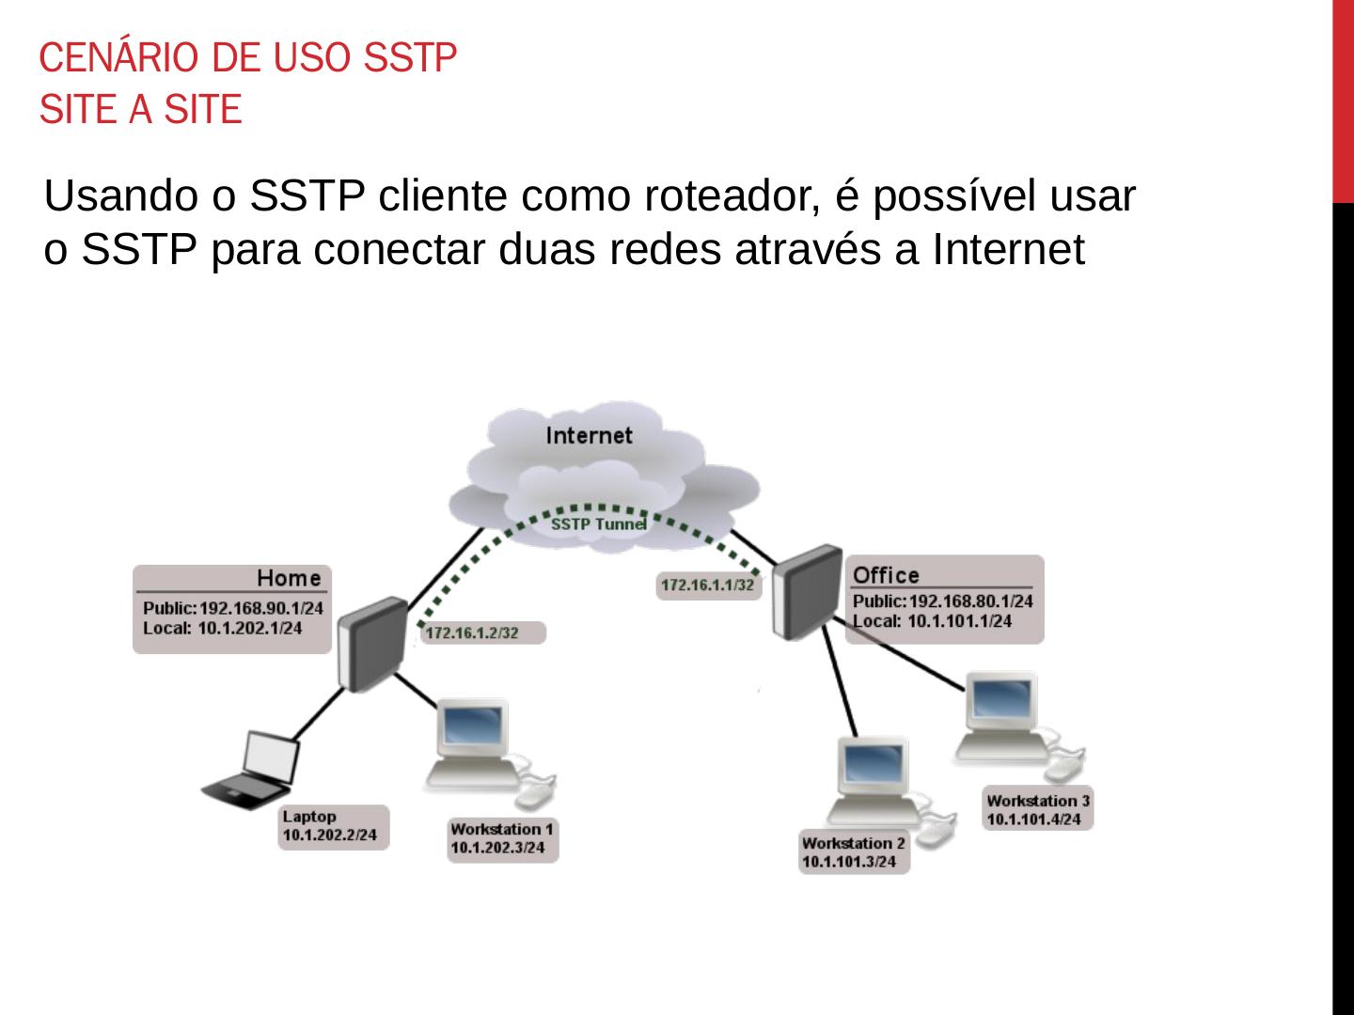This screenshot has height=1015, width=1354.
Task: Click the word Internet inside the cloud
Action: (x=590, y=435)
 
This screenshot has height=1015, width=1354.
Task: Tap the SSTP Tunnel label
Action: (x=598, y=523)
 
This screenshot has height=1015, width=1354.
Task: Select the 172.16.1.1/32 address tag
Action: (x=707, y=585)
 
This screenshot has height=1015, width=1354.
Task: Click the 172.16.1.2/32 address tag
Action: (x=472, y=632)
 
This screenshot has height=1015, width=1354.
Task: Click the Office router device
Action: (x=807, y=592)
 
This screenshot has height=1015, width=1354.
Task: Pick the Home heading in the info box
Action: (x=289, y=578)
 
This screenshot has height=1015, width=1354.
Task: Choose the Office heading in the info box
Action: (x=886, y=574)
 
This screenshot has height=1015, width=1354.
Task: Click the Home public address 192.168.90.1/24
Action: (x=260, y=608)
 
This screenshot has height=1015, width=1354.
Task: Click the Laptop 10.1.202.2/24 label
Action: (x=332, y=826)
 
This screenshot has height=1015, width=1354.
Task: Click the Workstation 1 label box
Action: (x=502, y=838)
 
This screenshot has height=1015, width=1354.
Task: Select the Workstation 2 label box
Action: (x=854, y=851)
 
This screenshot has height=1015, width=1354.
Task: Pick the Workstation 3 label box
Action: (x=1038, y=809)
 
